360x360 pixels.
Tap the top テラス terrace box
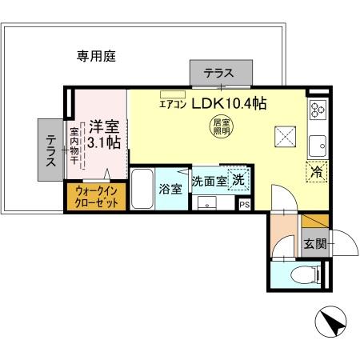pyautogui.click(x=218, y=73)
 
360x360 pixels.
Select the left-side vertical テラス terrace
pyautogui.click(x=50, y=149)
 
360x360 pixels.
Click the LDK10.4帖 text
pyautogui.click(x=228, y=104)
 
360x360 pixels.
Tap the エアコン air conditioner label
pyautogui.click(x=172, y=104)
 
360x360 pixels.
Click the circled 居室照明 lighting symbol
pyautogui.click(x=221, y=129)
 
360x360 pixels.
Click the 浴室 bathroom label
pyautogui.click(x=170, y=190)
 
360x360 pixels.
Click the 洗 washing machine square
pyautogui.click(x=238, y=180)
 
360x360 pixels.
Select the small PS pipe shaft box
pyautogui.click(x=244, y=204)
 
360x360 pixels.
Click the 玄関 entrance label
pyautogui.click(x=314, y=245)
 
